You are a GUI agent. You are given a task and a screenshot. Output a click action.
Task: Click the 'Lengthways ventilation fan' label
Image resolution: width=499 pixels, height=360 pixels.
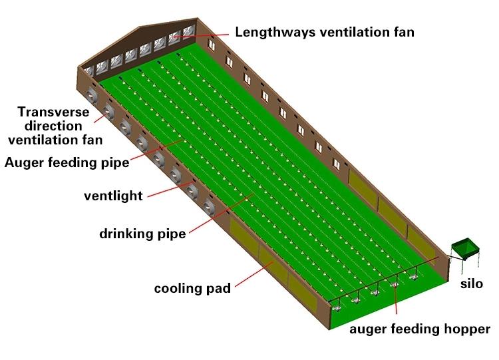[325, 31]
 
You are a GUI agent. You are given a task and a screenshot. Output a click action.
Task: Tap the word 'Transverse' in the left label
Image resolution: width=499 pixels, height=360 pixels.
[51, 112]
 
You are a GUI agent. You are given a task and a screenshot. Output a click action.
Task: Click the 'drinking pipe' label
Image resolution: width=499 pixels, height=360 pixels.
[142, 234]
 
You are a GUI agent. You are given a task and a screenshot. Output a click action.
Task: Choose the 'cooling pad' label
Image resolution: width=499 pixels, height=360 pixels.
[192, 288]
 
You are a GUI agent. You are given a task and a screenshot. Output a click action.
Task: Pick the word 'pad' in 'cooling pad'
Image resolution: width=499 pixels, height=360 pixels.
[220, 288]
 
